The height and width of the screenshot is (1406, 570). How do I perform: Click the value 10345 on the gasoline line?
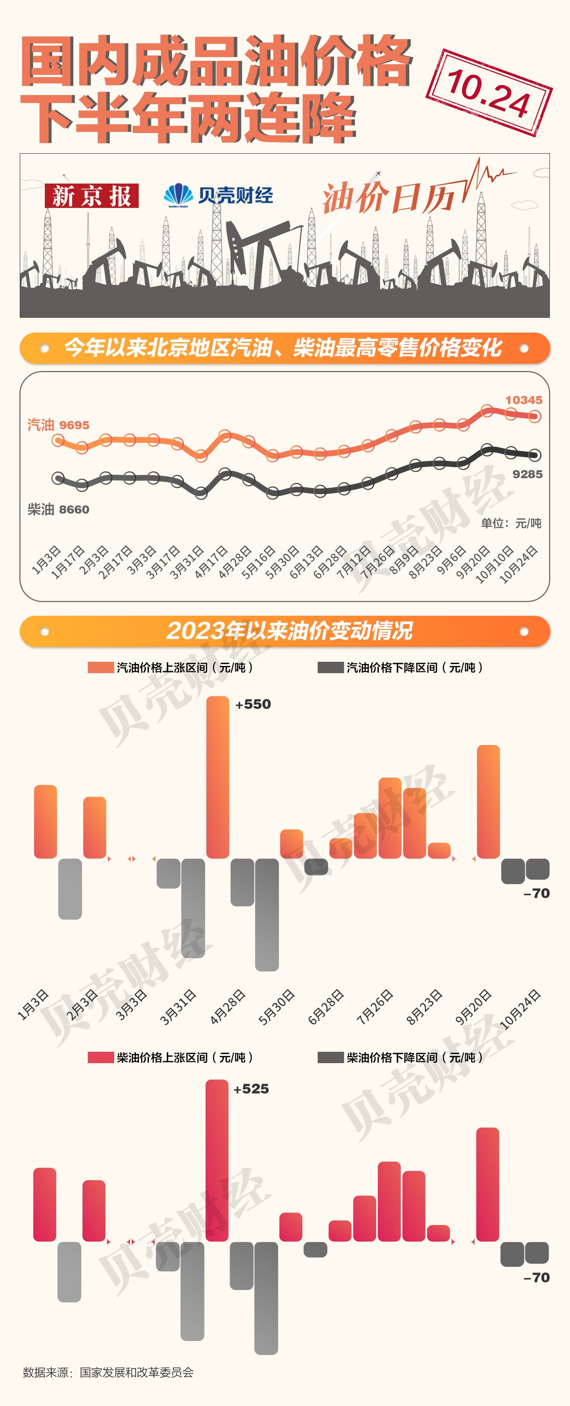point(524,400)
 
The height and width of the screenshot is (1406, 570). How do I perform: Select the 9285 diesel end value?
point(527,474)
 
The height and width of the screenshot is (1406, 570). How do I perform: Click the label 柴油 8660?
point(59,510)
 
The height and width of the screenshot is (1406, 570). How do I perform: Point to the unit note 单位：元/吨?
point(511,523)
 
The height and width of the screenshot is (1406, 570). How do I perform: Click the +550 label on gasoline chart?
point(253,704)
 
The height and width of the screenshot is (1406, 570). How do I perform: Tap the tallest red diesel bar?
point(217,1160)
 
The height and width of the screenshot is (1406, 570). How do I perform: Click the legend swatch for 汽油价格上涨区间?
point(100,667)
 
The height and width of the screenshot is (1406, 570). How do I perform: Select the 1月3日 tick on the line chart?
point(46,560)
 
